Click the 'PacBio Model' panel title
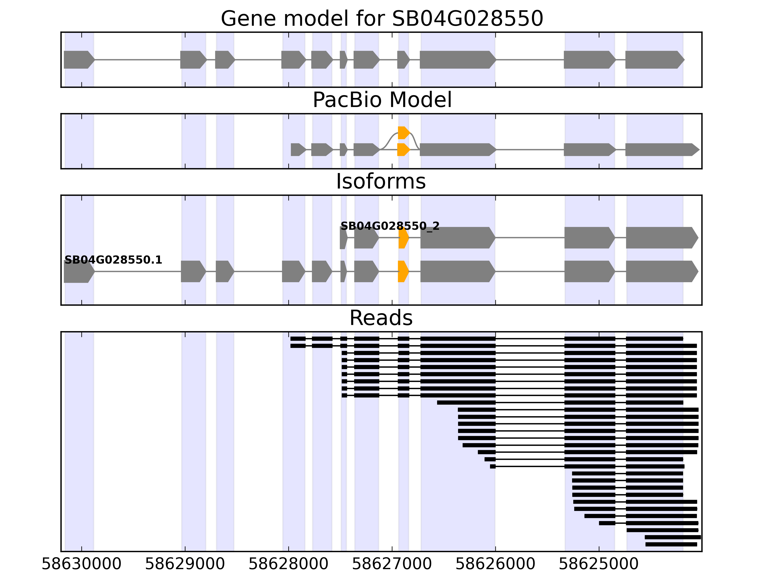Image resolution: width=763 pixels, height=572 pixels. tap(381, 100)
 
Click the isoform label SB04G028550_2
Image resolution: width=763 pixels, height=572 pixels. tap(390, 226)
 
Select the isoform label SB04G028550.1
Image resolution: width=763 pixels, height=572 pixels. tap(113, 260)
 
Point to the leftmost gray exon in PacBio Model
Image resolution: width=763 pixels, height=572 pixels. tap(298, 150)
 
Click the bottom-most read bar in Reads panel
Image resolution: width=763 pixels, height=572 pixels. tap(671, 544)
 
